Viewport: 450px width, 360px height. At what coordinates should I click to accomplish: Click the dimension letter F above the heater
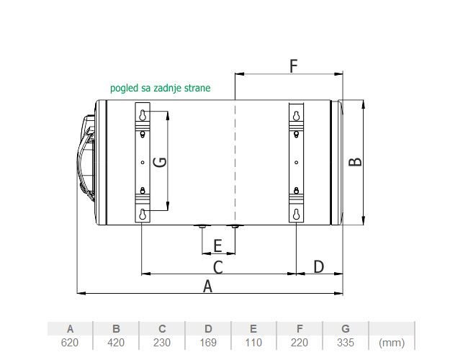point(294,66)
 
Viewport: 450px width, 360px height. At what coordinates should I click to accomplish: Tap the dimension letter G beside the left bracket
point(160,162)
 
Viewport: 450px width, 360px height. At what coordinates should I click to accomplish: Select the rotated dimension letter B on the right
point(355,162)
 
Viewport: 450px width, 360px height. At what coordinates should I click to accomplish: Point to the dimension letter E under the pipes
point(218,246)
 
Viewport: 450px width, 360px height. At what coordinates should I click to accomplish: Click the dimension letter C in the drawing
point(218,267)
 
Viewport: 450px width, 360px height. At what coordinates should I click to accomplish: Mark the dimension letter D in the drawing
point(318,266)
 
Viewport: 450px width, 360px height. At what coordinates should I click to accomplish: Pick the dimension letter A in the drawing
point(207,287)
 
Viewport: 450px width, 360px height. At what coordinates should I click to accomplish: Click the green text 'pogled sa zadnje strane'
point(160,88)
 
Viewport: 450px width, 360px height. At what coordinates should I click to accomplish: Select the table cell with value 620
point(70,343)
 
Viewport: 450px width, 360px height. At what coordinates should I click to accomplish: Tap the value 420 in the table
point(116,343)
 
